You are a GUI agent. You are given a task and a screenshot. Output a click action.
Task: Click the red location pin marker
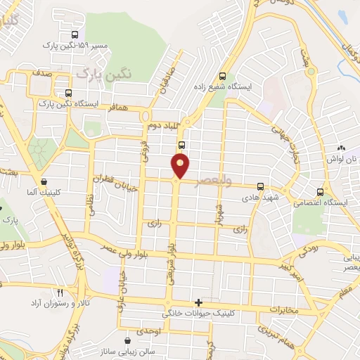tap(181, 165)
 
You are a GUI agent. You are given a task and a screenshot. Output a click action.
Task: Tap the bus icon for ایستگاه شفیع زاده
tap(223, 77)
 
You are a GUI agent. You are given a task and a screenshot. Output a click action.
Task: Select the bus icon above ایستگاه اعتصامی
tap(321, 191)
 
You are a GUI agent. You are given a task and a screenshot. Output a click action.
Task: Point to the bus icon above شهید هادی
tap(260, 186)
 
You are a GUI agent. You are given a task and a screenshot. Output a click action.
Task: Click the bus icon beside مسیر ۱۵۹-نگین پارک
tap(75, 34)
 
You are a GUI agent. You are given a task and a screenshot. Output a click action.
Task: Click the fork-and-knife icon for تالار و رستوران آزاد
tap(60, 292)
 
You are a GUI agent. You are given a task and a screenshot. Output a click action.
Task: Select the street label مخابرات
tap(285, 309)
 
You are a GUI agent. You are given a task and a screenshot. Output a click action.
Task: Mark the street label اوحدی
tap(150, 330)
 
